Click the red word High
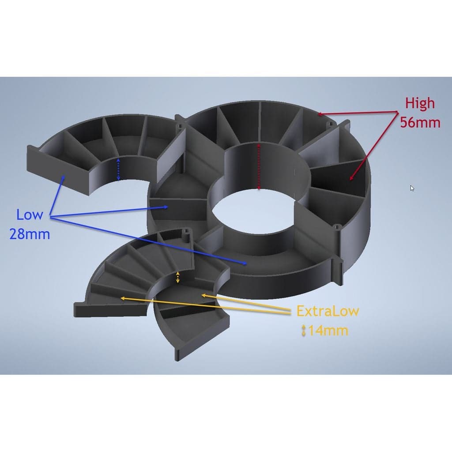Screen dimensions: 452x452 pyautogui.click(x=420, y=103)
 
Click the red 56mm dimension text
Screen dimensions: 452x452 pyautogui.click(x=420, y=123)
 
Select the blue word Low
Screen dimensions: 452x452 pyautogui.click(x=30, y=215)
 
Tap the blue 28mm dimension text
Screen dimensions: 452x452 pyautogui.click(x=30, y=234)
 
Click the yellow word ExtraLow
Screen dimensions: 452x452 pyautogui.click(x=328, y=311)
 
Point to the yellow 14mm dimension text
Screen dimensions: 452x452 pyautogui.click(x=328, y=330)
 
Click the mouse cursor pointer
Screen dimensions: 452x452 pyautogui.click(x=412, y=188)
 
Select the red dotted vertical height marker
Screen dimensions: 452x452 pyautogui.click(x=259, y=167)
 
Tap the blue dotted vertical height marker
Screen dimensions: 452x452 pyautogui.click(x=118, y=169)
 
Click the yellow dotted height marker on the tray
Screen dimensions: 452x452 pyautogui.click(x=178, y=277)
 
